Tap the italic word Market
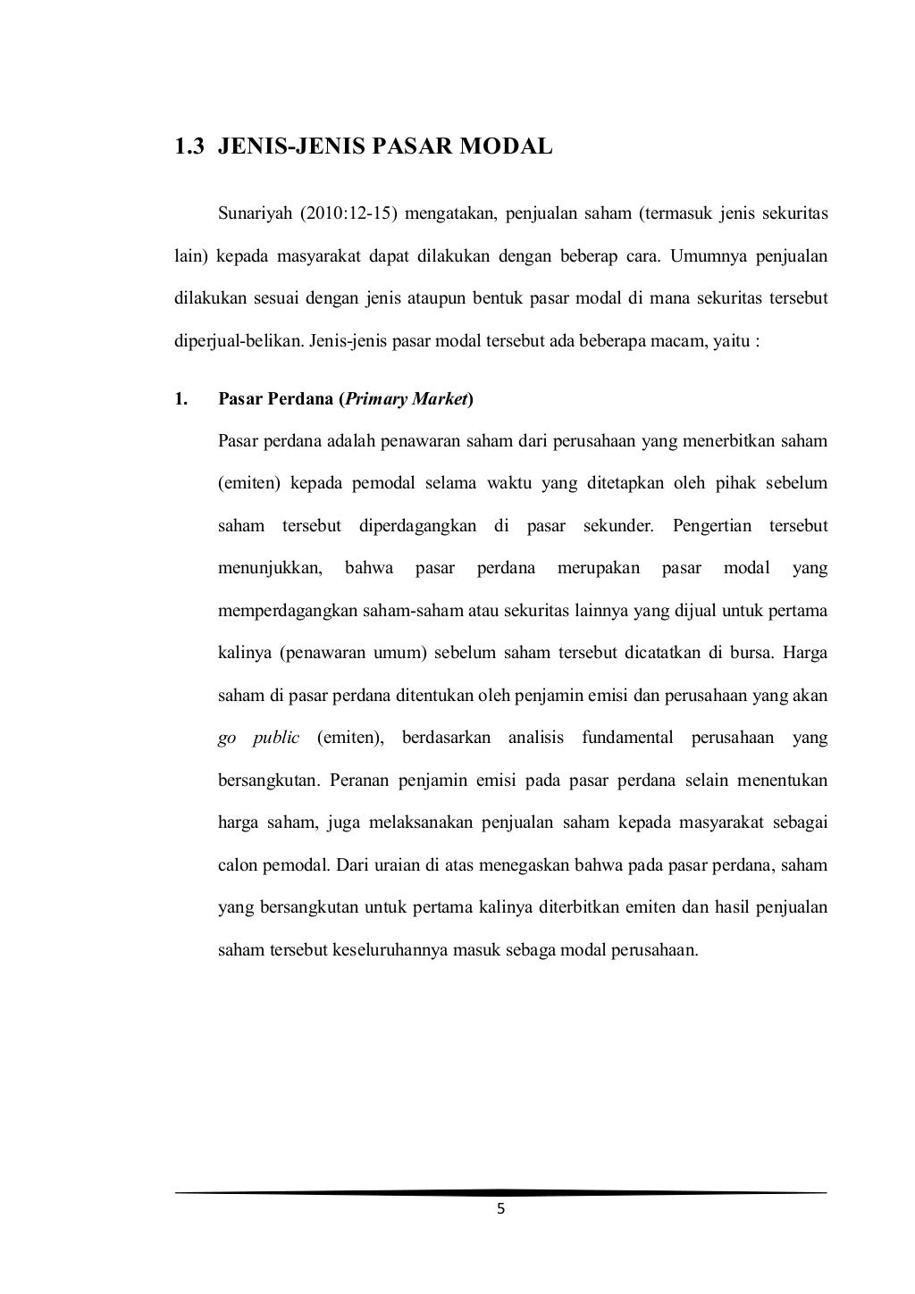click(x=441, y=398)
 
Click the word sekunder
click(x=618, y=526)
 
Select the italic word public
click(x=275, y=738)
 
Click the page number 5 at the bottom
click(x=500, y=1209)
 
